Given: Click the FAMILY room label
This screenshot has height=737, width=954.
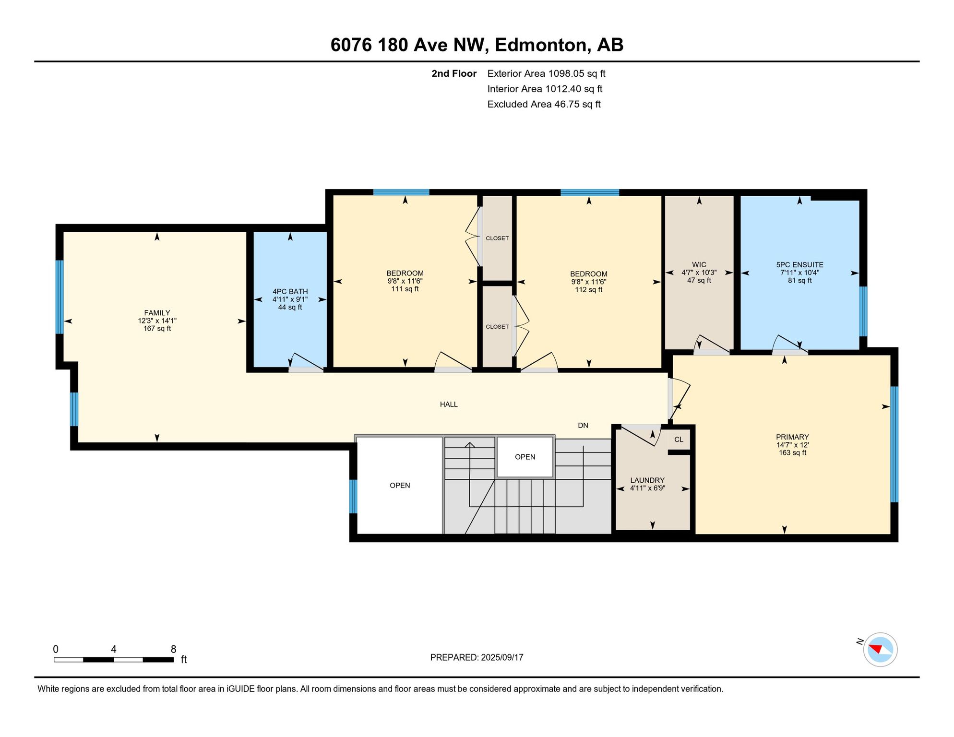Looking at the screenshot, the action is [157, 313].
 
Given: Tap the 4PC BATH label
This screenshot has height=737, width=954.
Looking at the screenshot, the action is [290, 292].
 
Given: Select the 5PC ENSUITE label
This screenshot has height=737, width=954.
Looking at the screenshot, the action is [799, 265].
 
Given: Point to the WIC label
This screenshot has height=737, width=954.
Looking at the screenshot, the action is [699, 265].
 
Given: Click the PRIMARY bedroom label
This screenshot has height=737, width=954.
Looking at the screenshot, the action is [792, 437].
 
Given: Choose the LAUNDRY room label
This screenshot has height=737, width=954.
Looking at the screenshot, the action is [647, 480].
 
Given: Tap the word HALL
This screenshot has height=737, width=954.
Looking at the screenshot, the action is [449, 404].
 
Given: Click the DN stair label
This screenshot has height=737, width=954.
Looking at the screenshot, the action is [583, 426].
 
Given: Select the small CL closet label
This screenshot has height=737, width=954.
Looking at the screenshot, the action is [679, 440].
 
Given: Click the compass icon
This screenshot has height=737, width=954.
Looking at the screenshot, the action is [880, 650].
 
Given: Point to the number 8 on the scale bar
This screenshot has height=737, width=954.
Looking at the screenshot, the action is [173, 649].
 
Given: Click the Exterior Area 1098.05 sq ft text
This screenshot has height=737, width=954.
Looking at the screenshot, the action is [546, 73].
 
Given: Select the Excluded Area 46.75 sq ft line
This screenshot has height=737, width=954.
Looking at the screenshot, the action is [544, 104].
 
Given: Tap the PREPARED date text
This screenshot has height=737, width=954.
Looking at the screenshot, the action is [477, 657].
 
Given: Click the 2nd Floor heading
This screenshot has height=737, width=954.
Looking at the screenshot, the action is [453, 73].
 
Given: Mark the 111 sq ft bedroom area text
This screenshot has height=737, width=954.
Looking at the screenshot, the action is [405, 289].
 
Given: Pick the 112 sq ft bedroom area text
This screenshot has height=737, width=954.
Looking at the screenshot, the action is [588, 290].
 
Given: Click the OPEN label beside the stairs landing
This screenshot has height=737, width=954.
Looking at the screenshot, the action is [525, 457].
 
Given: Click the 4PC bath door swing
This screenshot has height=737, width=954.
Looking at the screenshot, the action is [307, 361].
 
